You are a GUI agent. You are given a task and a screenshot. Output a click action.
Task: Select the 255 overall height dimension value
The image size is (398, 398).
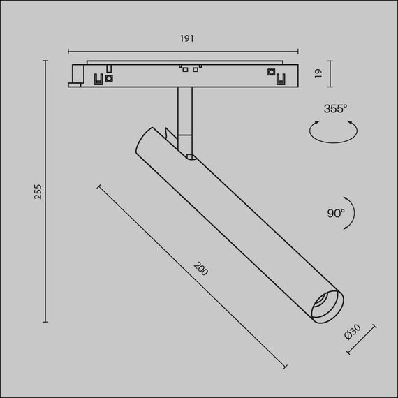38,191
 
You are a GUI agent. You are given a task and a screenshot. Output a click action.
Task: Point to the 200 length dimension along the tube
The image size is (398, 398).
200,269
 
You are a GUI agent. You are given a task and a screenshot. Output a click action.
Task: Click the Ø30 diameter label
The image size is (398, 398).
353,334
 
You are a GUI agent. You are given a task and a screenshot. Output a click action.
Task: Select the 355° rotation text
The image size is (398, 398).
335,108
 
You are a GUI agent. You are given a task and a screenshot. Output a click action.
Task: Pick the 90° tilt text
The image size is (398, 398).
335,213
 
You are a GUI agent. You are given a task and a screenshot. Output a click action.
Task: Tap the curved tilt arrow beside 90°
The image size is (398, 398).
353,214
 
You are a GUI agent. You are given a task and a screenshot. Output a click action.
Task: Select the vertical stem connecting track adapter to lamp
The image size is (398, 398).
184,112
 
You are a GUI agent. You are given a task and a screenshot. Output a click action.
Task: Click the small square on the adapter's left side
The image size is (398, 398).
110,79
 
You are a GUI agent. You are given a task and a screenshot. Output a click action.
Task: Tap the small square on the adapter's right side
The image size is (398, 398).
270,72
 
